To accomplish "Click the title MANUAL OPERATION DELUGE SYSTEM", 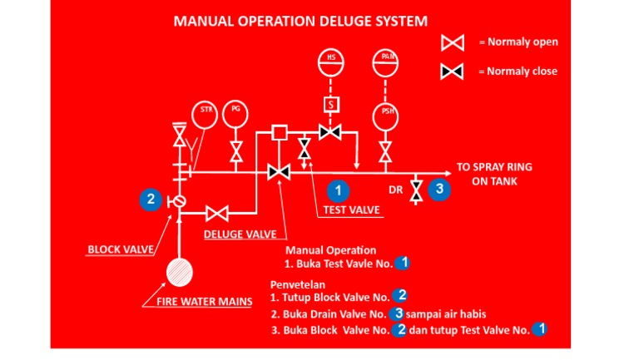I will (x=301, y=21).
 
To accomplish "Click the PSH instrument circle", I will (x=386, y=116).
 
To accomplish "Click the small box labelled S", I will (x=331, y=105).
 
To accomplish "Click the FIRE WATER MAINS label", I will (x=204, y=301).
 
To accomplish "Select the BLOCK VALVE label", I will (x=116, y=249).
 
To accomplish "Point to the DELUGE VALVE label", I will (x=240, y=234).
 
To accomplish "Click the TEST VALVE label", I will (x=352, y=210).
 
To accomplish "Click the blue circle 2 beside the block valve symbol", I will (x=151, y=199).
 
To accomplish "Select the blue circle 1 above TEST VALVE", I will (x=337, y=190).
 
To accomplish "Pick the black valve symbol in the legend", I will (x=452, y=72).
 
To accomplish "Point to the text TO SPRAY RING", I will (x=494, y=166).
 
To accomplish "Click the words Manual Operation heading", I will (x=330, y=249).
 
